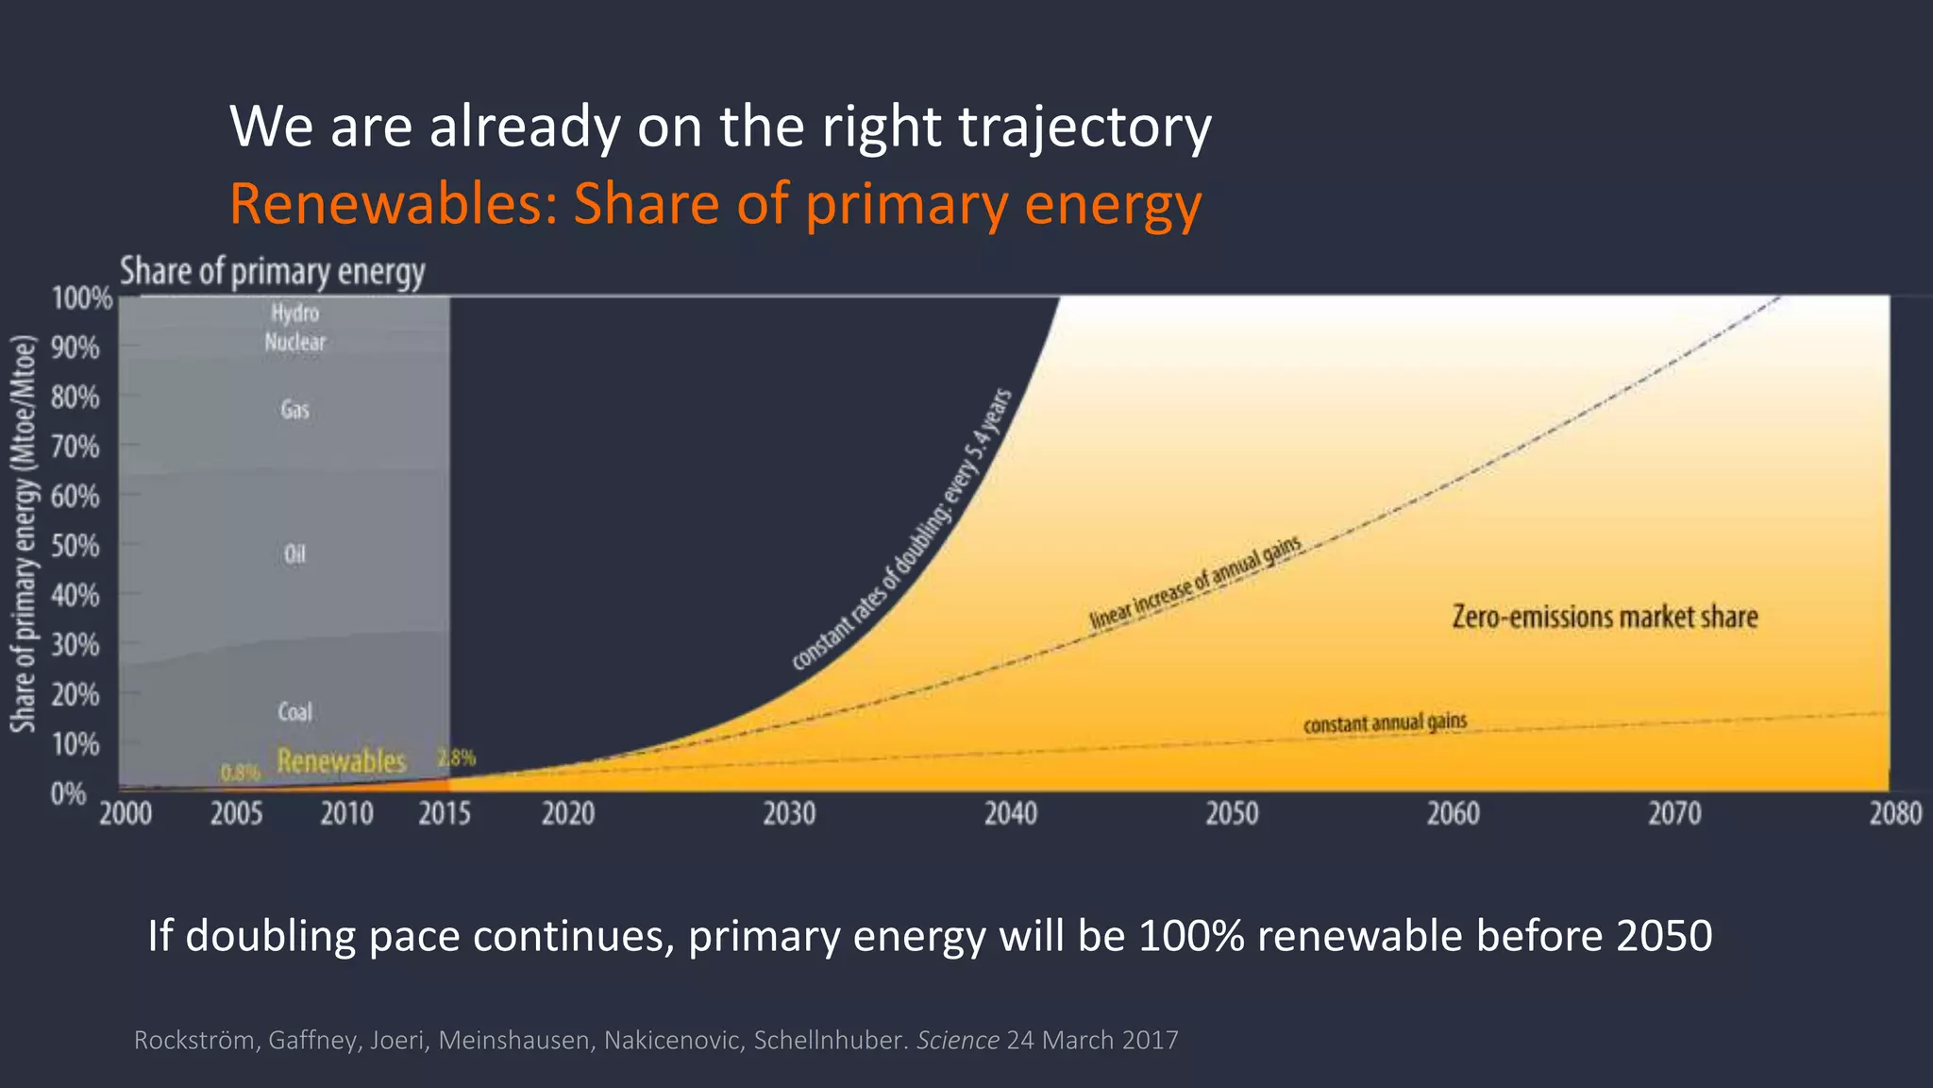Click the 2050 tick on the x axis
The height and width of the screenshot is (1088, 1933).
[x=1232, y=813]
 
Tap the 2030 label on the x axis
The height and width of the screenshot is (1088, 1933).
[x=789, y=813]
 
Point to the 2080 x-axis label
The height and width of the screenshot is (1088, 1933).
[x=1895, y=813]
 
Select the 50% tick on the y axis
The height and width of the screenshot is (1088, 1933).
[x=76, y=546]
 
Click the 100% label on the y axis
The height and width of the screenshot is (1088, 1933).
[x=81, y=299]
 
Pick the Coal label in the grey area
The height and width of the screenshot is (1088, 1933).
[x=294, y=711]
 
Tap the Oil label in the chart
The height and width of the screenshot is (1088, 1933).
[x=294, y=553]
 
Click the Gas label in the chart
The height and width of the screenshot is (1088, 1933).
[x=294, y=410]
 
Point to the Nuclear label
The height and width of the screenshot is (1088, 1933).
[x=294, y=342]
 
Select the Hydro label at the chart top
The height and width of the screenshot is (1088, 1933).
[x=294, y=313]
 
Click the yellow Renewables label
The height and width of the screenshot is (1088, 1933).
[x=341, y=760]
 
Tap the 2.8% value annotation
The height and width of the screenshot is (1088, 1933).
[x=457, y=757]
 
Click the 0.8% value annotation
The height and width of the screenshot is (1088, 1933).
[x=240, y=773]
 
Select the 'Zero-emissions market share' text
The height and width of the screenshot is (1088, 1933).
[x=1605, y=617]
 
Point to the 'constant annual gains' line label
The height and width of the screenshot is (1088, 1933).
[x=1385, y=723]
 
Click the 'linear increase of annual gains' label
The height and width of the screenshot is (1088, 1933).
[x=1196, y=582]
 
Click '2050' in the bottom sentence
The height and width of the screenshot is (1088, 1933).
[x=1663, y=936]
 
